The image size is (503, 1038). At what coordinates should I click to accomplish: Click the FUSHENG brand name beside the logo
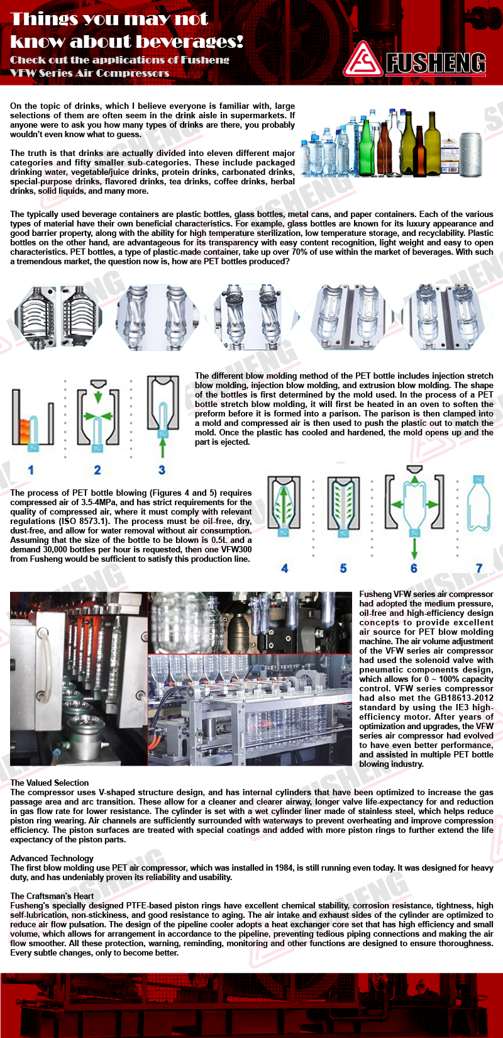coord(436,63)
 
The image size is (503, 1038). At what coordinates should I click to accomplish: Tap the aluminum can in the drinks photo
coord(470,155)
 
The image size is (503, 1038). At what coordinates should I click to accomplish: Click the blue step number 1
coord(31,470)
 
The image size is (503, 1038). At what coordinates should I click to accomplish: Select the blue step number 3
coord(162,470)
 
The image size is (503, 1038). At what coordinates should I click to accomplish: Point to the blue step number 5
coord(343,568)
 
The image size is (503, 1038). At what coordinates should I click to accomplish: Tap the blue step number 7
coord(479,568)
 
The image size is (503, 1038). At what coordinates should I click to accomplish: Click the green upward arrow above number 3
coord(162,447)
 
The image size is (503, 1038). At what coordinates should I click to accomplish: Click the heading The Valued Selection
coord(50,783)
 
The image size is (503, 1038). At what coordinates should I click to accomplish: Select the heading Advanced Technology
coord(52,858)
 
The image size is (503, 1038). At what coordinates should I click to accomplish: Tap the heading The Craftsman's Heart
coord(52,896)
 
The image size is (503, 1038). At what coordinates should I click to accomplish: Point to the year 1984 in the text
coord(284,868)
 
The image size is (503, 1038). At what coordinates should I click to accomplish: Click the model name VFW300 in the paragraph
coord(236,549)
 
